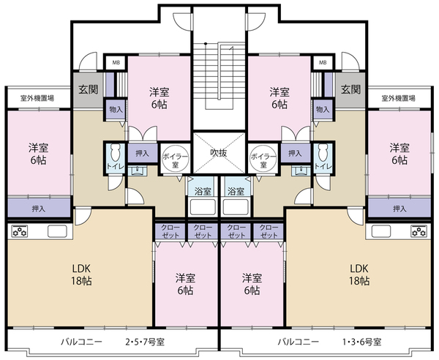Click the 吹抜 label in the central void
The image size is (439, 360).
tap(219, 153)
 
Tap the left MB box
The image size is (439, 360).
tap(116, 63)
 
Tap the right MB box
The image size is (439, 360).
tap(323, 63)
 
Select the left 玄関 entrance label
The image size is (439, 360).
tap(89, 89)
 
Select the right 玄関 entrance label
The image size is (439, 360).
tap(350, 89)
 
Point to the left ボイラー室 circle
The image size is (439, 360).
tap(176, 159)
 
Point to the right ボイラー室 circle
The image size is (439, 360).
tap(263, 159)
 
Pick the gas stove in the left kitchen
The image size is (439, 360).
tap(19, 231)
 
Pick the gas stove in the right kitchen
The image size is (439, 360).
tap(419, 231)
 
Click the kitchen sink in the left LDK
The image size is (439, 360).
tap(57, 231)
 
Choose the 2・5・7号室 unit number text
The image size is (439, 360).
tap(145, 342)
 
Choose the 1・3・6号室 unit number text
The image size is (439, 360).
tap(361, 342)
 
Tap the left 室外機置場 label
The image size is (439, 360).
tap(37, 98)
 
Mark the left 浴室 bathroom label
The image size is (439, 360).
tap(203, 192)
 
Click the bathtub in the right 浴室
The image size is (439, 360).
tap(236, 207)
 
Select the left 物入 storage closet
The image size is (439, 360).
tap(116, 110)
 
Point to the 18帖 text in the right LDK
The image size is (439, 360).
tap(359, 281)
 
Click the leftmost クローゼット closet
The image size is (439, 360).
tap(170, 231)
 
